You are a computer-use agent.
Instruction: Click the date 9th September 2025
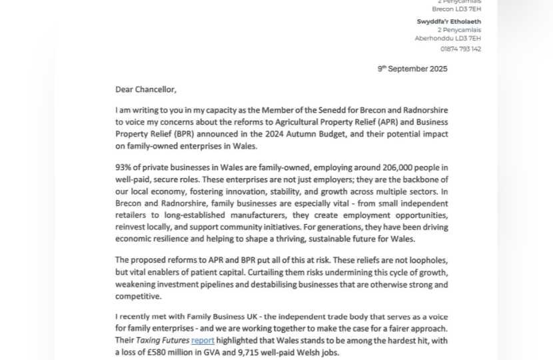(x=412, y=69)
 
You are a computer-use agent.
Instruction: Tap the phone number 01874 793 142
(x=460, y=49)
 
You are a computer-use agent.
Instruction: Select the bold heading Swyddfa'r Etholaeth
(x=448, y=21)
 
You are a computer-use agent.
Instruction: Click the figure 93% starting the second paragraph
(x=124, y=168)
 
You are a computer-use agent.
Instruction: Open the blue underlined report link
(x=203, y=341)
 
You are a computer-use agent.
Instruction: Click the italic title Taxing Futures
(x=163, y=341)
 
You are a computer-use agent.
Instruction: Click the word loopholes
(x=425, y=261)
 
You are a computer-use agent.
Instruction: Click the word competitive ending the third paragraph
(x=138, y=297)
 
